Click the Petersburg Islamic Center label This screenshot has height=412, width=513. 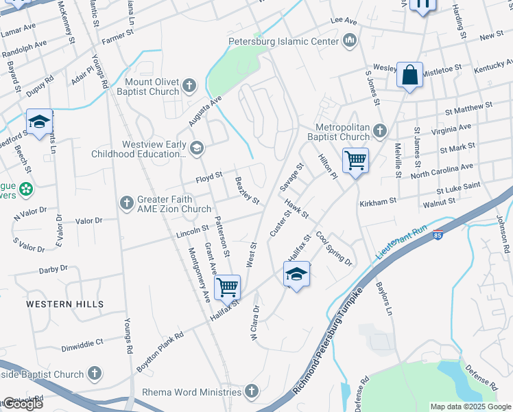tap(284, 41)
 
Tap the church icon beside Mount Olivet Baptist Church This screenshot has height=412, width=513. tap(190, 87)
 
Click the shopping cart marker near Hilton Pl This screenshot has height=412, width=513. tap(355, 161)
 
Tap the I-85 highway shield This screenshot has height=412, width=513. tap(438, 235)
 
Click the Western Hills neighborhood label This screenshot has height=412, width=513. tap(65, 304)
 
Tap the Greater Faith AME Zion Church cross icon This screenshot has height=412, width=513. tap(126, 203)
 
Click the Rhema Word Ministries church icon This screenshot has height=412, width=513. tap(252, 392)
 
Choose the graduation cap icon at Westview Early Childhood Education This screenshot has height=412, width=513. tap(198, 148)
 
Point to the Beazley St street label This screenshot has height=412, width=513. tap(247, 191)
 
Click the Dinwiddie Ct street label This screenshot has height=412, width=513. tap(80, 341)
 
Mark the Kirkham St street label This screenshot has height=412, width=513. tap(378, 203)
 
